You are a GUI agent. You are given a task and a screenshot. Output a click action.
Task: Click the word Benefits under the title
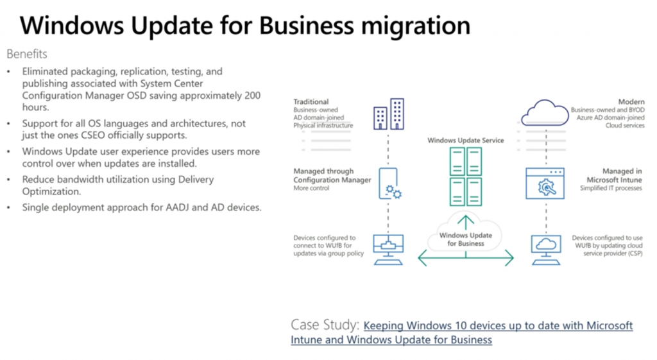tap(27, 54)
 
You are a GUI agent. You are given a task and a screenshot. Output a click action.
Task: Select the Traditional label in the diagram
tap(311, 101)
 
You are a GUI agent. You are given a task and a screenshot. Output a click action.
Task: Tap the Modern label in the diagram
tap(631, 101)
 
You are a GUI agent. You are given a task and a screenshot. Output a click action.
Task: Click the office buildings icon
tap(389, 114)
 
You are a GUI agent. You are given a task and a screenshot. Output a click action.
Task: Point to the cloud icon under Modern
tap(545, 112)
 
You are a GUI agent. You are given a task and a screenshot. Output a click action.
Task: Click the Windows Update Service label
tap(466, 140)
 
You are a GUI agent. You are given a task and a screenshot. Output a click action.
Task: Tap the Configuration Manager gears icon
tap(389, 184)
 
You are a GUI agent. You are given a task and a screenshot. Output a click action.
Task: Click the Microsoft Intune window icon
tap(545, 184)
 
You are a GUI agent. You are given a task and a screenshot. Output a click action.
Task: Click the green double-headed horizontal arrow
tap(466, 259)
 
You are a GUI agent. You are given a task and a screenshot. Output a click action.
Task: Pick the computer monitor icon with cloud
tap(545, 247)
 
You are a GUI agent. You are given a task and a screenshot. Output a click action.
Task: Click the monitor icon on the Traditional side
tap(389, 247)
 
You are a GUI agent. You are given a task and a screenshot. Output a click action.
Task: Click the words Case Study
tap(324, 325)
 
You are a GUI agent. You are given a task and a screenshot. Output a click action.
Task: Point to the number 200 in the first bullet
tap(252, 95)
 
